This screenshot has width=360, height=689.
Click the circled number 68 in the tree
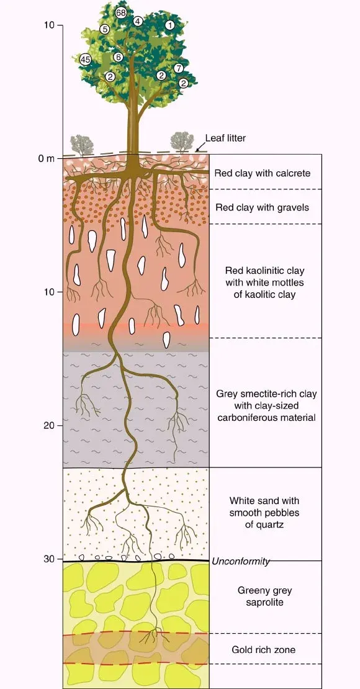(121, 13)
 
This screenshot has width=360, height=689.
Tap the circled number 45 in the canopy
(85, 60)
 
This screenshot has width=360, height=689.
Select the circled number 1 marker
(169, 25)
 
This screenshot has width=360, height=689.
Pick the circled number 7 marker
(178, 68)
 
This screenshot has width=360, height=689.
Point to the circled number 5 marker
(104, 29)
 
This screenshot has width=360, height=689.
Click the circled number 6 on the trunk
(118, 57)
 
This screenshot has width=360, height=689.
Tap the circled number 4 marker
(138, 20)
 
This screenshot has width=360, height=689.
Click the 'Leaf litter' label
(225, 138)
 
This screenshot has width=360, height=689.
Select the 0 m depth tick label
(46, 158)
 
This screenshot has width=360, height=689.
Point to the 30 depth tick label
(49, 559)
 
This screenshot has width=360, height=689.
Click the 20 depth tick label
(49, 425)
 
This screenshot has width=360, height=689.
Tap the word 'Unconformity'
(240, 561)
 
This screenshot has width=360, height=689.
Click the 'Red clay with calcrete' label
(263, 173)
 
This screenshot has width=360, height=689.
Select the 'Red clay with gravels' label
(262, 207)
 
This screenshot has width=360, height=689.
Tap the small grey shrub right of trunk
(182, 142)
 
